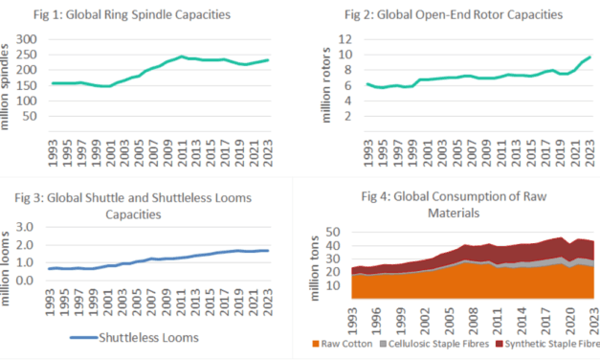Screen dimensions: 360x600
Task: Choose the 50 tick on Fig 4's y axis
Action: [x=332, y=232]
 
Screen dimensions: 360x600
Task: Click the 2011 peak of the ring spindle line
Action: [x=182, y=56]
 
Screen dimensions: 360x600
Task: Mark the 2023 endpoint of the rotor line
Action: [x=589, y=56]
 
